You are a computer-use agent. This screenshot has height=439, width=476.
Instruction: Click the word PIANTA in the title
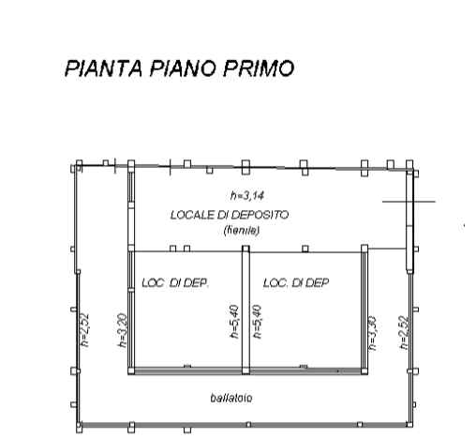[x=104, y=68]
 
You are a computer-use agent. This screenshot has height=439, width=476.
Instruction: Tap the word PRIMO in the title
[x=259, y=68]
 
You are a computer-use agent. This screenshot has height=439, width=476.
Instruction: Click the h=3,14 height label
[x=247, y=196]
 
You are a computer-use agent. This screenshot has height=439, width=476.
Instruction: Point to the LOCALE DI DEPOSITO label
[x=230, y=215]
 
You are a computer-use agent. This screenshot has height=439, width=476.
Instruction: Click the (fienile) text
[x=242, y=231]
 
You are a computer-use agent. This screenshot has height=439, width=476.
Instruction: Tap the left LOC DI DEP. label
[x=175, y=283]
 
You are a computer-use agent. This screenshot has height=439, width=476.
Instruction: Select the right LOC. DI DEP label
[x=296, y=282]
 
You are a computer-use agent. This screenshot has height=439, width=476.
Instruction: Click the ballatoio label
[x=231, y=398]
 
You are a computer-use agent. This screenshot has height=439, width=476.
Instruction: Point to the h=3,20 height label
[x=123, y=330]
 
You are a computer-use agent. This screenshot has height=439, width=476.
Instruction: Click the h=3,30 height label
[x=372, y=333]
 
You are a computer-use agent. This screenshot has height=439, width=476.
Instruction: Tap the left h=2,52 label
[x=84, y=330]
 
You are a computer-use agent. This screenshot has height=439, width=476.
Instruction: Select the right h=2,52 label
[x=404, y=333]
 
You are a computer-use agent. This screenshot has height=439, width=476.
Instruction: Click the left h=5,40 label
[x=234, y=322]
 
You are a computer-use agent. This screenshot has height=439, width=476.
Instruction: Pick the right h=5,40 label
[x=257, y=322]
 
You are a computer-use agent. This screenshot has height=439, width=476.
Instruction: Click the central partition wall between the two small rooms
[x=245, y=310]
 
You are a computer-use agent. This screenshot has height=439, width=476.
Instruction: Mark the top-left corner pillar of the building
[x=80, y=163]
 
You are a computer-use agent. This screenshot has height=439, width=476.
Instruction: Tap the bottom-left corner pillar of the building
[x=80, y=427]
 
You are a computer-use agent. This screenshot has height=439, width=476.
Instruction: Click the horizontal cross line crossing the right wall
[x=409, y=202]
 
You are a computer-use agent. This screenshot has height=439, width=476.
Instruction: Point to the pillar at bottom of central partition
[x=245, y=371]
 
